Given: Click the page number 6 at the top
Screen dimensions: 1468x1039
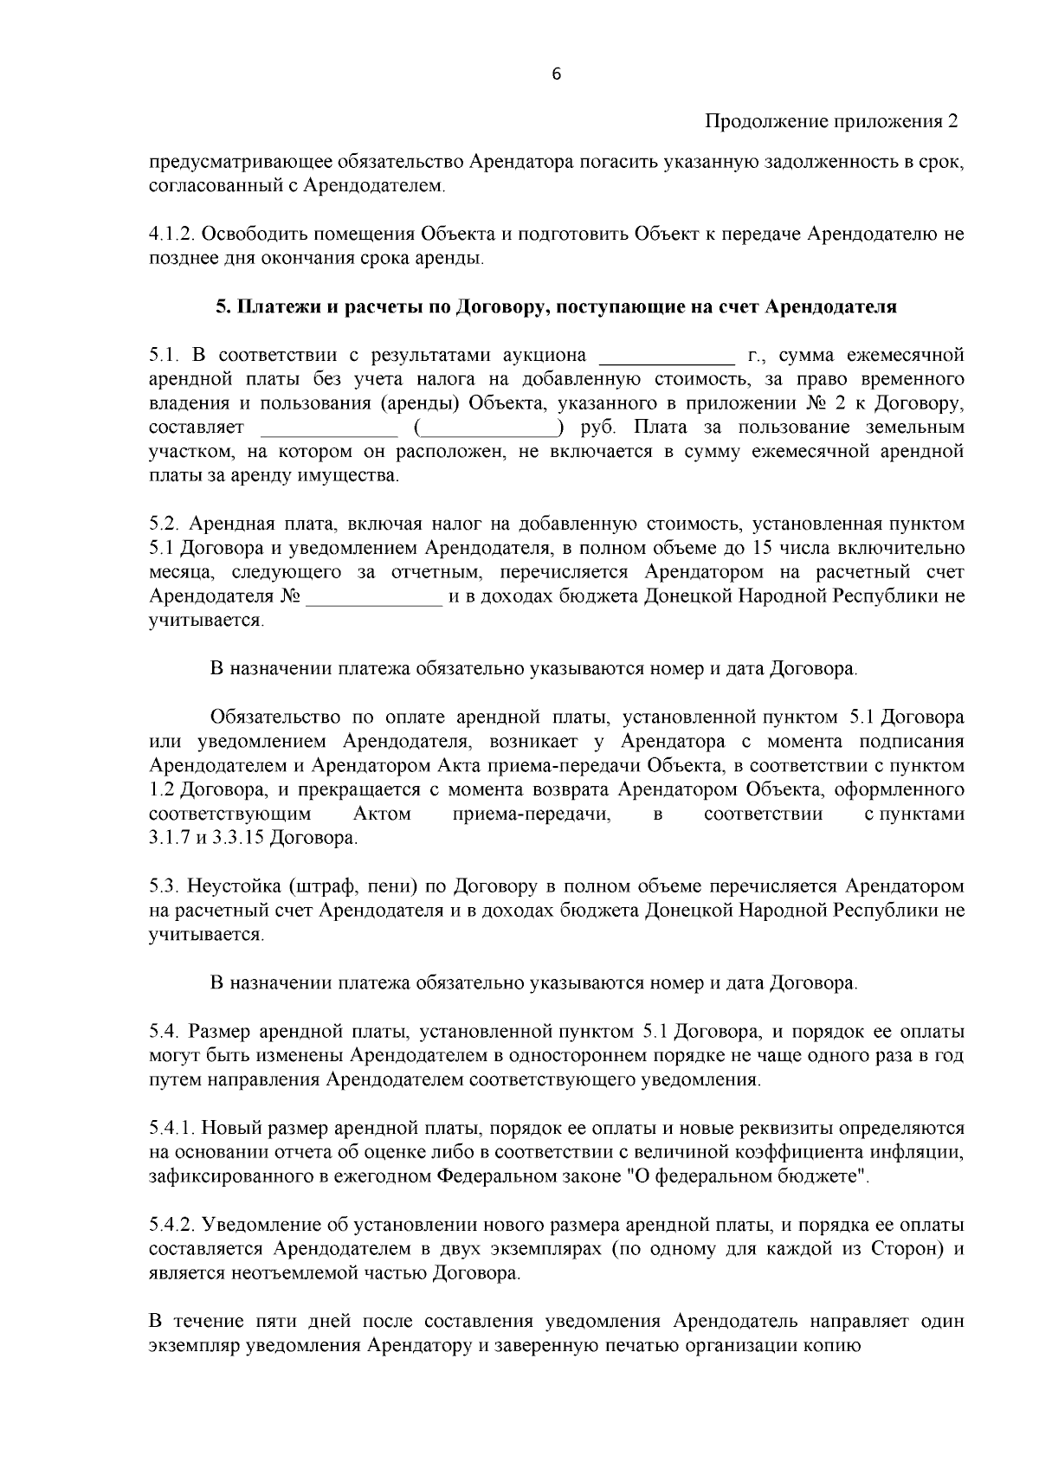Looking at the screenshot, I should coord(556,74).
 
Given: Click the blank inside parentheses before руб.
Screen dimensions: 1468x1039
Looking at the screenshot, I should coord(490,428).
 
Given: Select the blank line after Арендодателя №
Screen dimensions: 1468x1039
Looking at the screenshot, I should coord(375,596).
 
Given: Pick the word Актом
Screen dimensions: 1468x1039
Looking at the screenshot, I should coord(382,814).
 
